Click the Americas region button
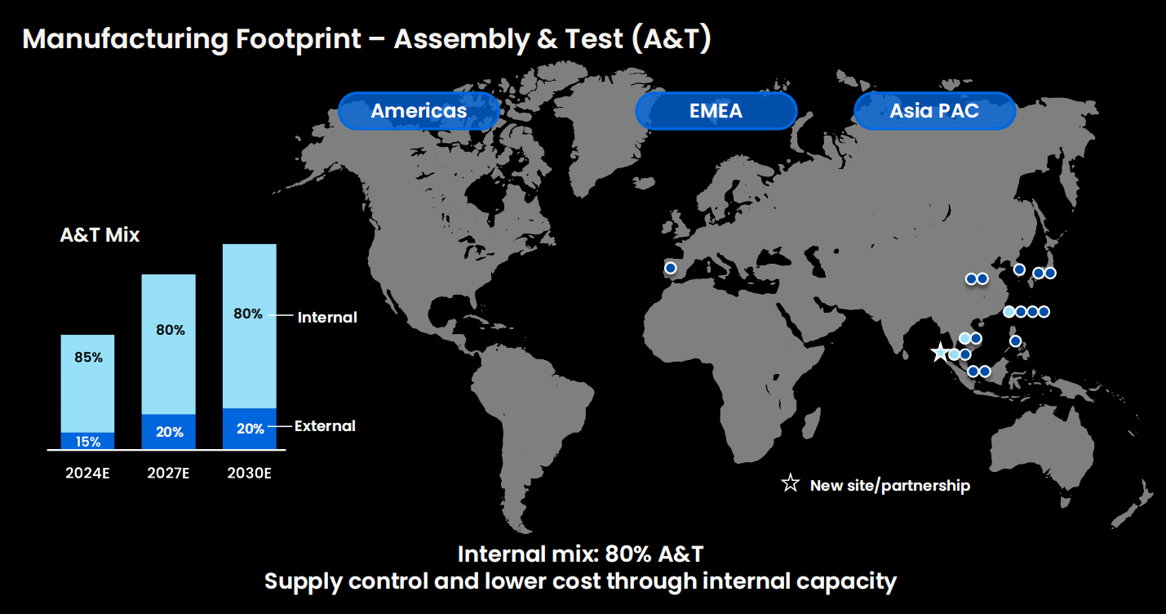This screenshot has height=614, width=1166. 419,111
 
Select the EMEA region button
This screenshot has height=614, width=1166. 716,111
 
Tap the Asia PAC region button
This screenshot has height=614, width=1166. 934,111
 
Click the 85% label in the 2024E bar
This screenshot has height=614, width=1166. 88,358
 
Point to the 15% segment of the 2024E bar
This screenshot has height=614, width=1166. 87,441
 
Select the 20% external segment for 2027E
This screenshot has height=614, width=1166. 169,431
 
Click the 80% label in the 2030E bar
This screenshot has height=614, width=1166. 248,314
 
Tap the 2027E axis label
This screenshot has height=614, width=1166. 168,473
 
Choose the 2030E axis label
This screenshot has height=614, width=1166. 250,473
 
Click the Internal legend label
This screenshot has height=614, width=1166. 327,317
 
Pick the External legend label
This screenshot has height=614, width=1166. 325,426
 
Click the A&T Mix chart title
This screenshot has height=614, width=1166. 100,235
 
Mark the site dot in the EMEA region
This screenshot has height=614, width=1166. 671,268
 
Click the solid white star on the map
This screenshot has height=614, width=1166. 940,353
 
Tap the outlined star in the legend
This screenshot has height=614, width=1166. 790,483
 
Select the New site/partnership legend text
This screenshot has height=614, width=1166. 890,485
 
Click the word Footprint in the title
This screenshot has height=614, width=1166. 299,39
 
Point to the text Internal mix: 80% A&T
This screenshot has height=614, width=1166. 580,554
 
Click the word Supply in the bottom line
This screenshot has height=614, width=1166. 303,582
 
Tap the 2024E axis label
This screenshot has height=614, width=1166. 87,473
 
